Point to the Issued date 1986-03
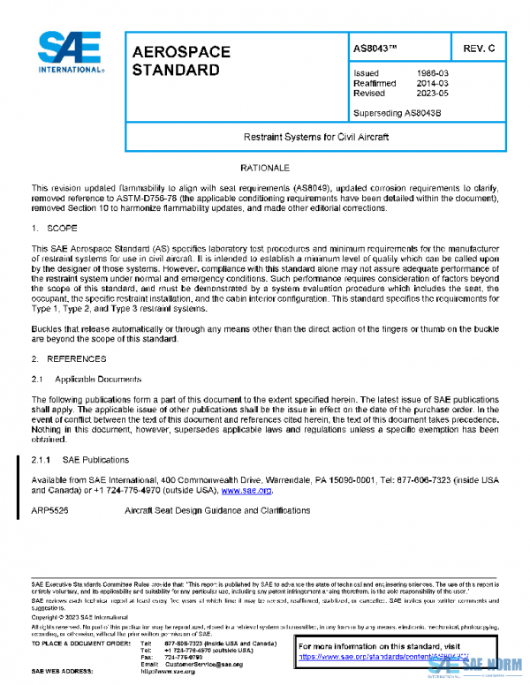[430, 73]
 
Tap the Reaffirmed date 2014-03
[430, 83]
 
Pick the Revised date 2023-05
[430, 93]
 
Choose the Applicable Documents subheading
[98, 379]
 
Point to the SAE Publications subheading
[93, 460]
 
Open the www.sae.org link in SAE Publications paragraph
[246, 490]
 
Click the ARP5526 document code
[49, 510]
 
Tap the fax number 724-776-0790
[183, 657]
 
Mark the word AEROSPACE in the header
[180, 51]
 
